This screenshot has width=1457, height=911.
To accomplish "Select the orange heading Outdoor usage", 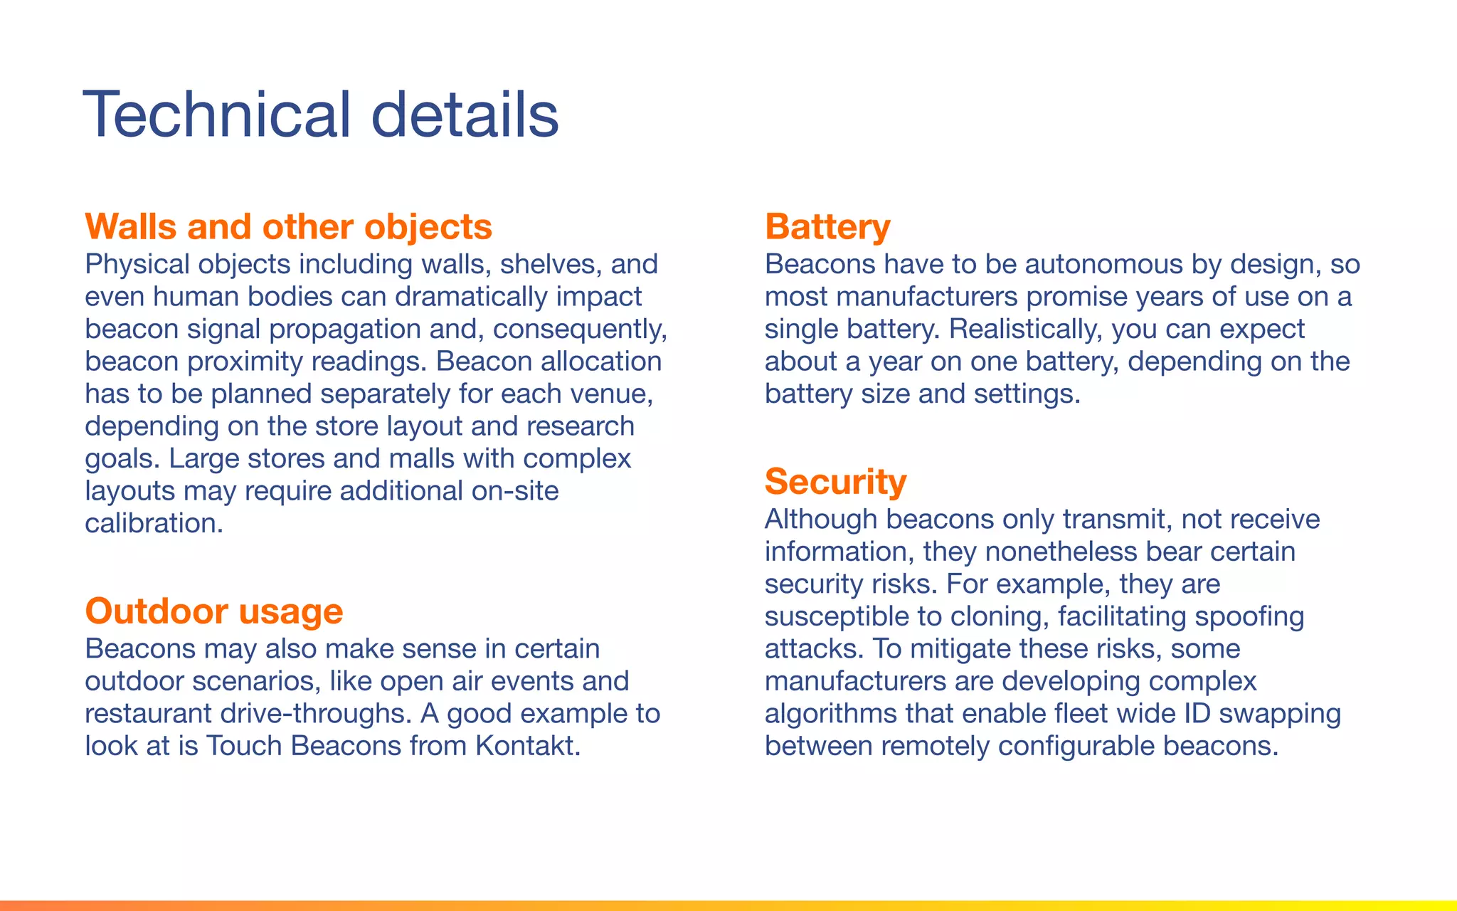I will pyautogui.click(x=213, y=611).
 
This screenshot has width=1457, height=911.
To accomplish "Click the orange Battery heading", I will pyautogui.click(x=827, y=227).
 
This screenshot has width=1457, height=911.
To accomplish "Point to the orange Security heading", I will pyautogui.click(x=835, y=482).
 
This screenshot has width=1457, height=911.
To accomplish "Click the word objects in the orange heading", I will pyautogui.click(x=428, y=227).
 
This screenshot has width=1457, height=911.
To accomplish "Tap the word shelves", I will pyautogui.click(x=551, y=265).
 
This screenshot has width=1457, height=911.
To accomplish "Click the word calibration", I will pyautogui.click(x=154, y=524).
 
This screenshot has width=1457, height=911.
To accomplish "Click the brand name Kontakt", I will pyautogui.click(x=527, y=747).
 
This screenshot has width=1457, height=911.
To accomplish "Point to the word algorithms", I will pyautogui.click(x=830, y=714).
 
